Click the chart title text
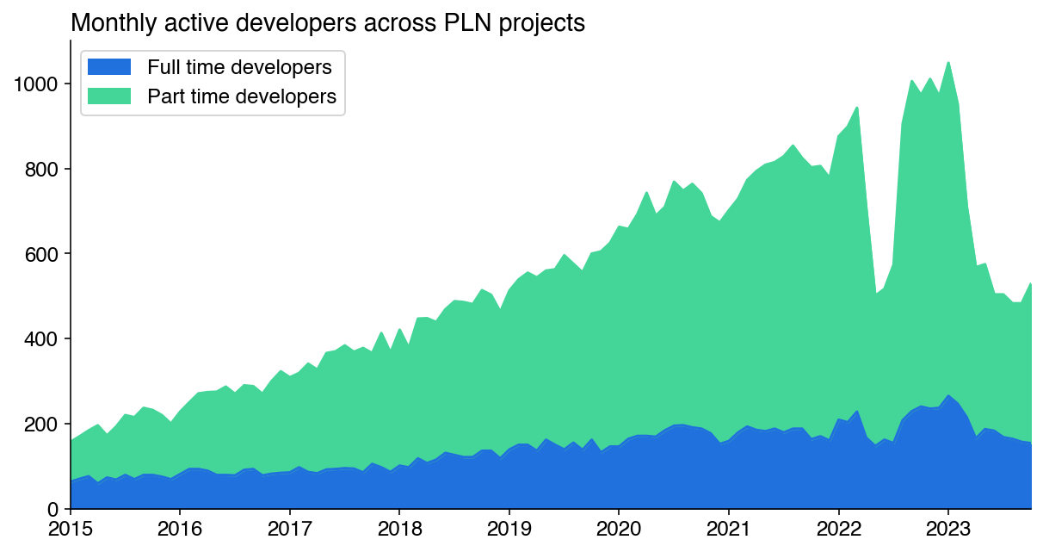pos(328,23)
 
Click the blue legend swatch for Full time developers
pos(109,67)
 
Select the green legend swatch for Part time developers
pos(109,96)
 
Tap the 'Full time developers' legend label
pos(239,67)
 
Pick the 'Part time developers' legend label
pos(242,96)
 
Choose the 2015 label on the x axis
pos(71,527)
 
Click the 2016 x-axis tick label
pos(180,527)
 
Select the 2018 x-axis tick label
pos(399,527)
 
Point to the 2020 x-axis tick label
pos(619,527)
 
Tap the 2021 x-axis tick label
pos(729,527)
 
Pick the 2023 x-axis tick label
pos(948,527)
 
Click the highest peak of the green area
pos(948,63)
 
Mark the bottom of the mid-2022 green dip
pos(875,293)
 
